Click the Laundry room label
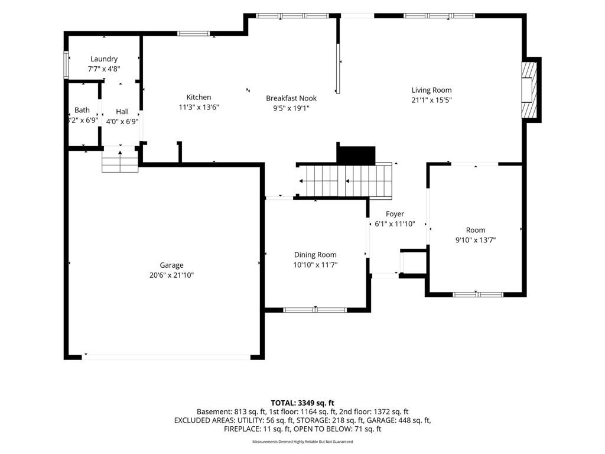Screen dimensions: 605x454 point(104,59)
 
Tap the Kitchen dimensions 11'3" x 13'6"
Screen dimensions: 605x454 point(199,108)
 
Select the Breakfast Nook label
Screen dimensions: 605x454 point(291,99)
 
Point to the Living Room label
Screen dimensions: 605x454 point(431,90)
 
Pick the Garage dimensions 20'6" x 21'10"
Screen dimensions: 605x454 point(172,275)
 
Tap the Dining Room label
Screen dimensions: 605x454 point(315,255)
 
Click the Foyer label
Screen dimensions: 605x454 point(395,214)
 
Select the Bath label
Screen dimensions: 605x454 point(82,110)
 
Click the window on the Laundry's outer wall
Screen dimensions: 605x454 point(66,65)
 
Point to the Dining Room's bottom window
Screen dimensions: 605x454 point(315,310)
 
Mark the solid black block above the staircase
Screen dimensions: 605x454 point(356,155)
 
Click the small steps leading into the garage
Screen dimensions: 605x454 point(120,161)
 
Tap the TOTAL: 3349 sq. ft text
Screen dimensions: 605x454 point(302,403)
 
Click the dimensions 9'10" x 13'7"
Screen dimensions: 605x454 point(476,240)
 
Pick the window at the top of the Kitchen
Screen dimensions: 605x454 point(194,34)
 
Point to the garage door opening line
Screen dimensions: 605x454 point(166,357)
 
